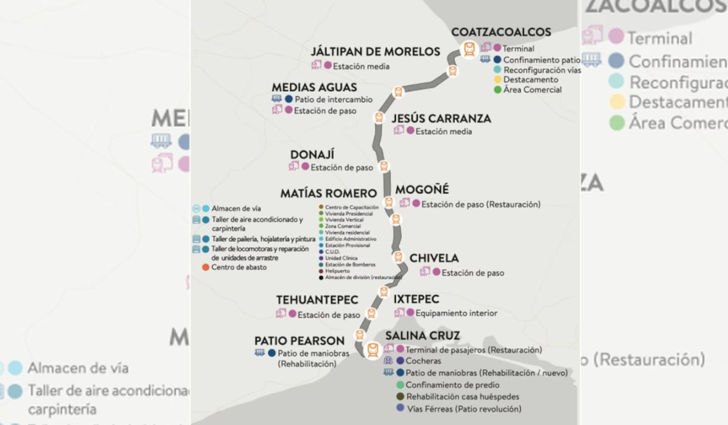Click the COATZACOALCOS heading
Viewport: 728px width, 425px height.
coord(500,32)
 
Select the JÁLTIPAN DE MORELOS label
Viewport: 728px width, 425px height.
coord(376,52)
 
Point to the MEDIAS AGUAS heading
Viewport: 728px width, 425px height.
coord(314,87)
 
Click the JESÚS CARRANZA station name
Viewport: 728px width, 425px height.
coord(441,118)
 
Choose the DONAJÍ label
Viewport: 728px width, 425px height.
coord(312,154)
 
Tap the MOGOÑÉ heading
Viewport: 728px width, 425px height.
coord(422,190)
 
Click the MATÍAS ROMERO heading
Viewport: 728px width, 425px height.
coord(328,193)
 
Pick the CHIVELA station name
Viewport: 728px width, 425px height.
coord(434,258)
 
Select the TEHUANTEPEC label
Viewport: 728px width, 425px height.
coord(317,300)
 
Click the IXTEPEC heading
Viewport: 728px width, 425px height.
coord(416,300)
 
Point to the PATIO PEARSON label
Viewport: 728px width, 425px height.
coord(299,341)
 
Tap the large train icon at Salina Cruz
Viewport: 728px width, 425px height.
coord(373,350)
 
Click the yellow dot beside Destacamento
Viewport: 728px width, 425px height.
coord(497,80)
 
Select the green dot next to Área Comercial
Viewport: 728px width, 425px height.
coord(497,90)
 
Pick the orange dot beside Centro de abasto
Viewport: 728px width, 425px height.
coord(205,267)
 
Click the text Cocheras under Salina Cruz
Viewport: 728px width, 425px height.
coord(423,361)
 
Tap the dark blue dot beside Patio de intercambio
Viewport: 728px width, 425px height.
coord(289,99)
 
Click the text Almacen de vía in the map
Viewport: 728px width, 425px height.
coord(237,208)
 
